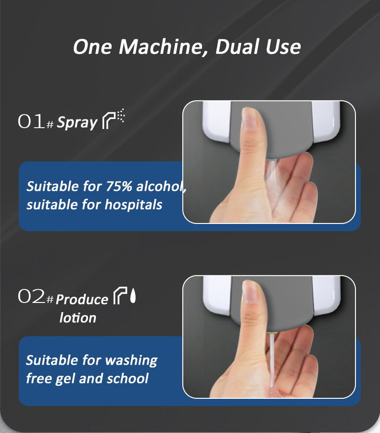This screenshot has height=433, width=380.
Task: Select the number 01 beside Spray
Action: point(31,121)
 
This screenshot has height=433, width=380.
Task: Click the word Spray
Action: point(77,123)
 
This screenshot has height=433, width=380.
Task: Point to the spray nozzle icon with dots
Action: point(113,119)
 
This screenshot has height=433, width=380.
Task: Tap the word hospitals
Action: point(133,205)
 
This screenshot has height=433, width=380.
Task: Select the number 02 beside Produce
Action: point(31,296)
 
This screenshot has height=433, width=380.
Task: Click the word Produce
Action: point(82,300)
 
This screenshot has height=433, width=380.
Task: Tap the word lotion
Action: point(78,318)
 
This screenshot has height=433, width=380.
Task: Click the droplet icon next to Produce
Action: point(133,296)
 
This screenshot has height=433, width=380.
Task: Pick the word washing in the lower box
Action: point(131,361)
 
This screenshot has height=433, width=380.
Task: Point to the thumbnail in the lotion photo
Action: point(251,293)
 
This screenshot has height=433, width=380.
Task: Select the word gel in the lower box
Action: point(65,379)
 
